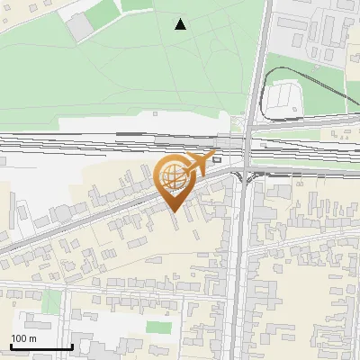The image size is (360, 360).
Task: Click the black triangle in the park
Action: (x=181, y=24)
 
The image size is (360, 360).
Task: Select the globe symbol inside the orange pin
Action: (x=172, y=176)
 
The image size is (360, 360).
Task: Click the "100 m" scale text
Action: (x=23, y=338)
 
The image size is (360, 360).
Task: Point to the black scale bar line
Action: (x=40, y=346)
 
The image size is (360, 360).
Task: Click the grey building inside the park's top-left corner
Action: (x=81, y=28)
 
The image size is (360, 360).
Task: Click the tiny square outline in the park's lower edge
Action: (x=155, y=113)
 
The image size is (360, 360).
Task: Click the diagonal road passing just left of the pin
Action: (x=126, y=203)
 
